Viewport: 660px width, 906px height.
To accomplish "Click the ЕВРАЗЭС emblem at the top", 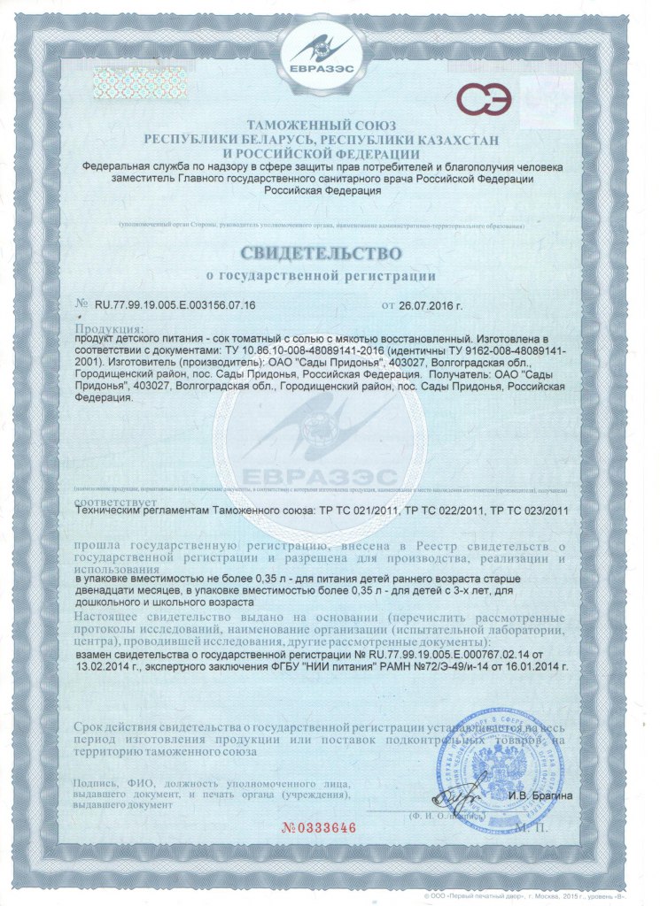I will [329, 53].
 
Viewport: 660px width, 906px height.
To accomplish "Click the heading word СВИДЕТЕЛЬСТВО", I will [330, 254].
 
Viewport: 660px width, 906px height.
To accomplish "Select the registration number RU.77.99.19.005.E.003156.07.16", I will [175, 304].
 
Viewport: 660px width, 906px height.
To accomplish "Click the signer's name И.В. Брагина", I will [540, 795].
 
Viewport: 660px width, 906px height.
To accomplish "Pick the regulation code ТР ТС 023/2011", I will [523, 511].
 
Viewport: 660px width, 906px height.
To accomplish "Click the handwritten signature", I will [465, 787].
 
